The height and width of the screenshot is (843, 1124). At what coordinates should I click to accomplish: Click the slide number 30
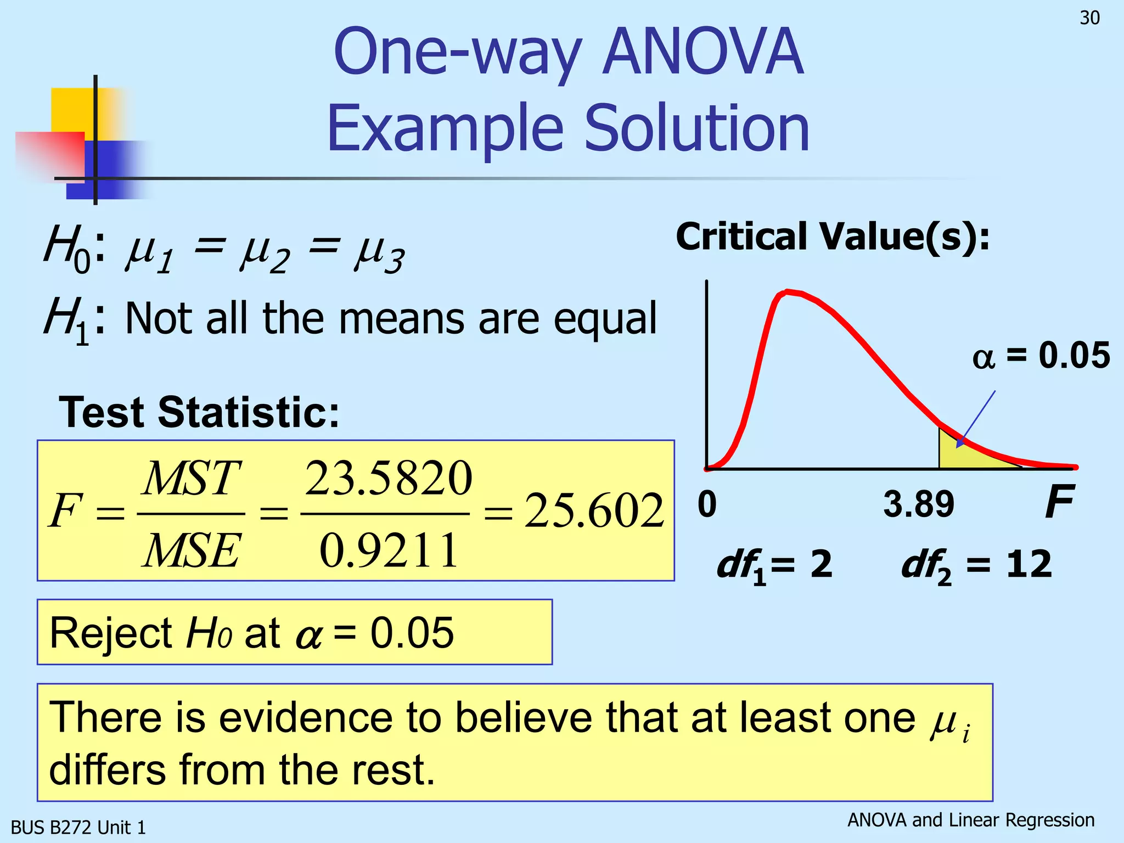point(1089,18)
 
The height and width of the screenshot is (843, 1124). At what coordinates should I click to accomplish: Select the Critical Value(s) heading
point(833,237)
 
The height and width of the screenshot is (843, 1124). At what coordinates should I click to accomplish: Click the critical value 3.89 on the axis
point(919,504)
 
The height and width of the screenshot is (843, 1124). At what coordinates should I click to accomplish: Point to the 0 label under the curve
point(707,504)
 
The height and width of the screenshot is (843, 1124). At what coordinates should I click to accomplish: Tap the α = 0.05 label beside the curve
point(1041,355)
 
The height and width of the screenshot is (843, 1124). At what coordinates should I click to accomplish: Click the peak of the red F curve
point(788,292)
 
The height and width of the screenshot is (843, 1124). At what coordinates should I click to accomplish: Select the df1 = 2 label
point(774,565)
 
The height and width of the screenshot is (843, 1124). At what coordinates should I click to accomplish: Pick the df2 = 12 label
point(976,565)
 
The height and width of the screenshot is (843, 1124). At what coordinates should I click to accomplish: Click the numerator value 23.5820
point(388,478)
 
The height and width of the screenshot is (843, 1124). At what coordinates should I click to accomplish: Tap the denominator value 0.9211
point(388,550)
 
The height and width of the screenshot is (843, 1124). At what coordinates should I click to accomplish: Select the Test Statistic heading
point(199,412)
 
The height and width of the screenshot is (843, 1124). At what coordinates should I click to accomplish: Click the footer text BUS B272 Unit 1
point(78,827)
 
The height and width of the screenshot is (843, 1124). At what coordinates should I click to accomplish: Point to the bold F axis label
point(1059,502)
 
